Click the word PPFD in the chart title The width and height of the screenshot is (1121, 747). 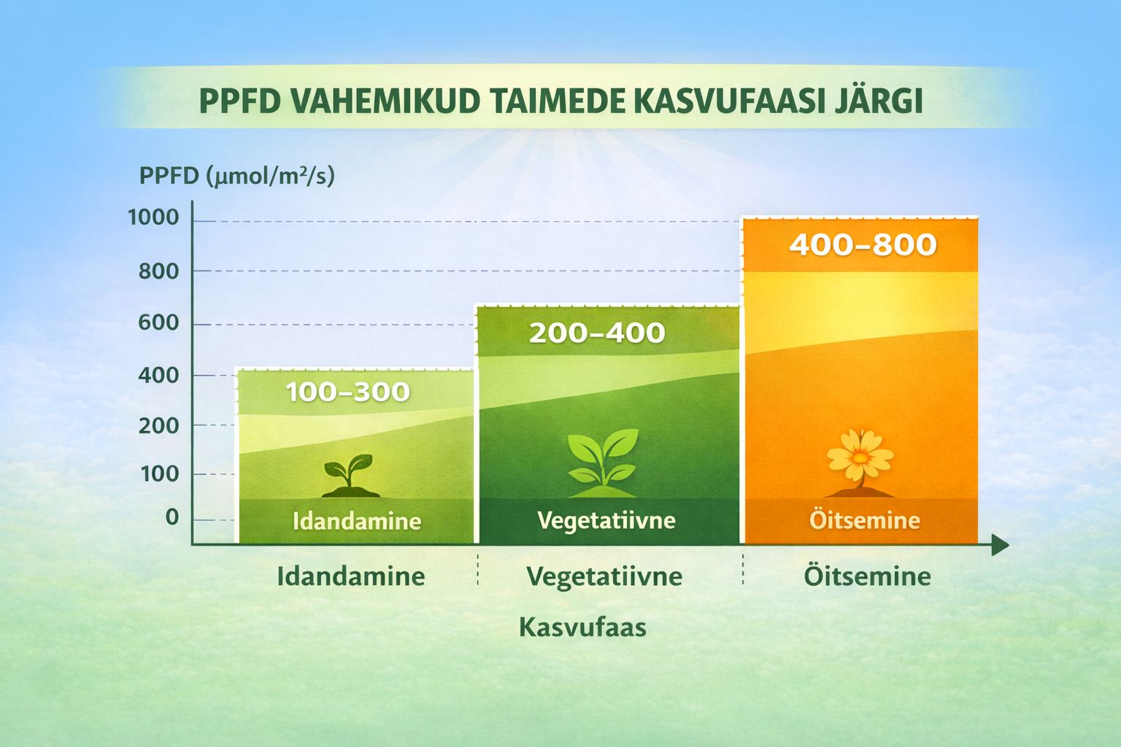(x=239, y=101)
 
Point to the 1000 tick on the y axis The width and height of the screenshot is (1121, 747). (x=153, y=217)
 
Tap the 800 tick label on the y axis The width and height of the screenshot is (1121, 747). (x=158, y=271)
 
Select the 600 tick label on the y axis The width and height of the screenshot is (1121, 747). (x=158, y=322)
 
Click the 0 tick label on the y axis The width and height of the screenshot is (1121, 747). (x=172, y=517)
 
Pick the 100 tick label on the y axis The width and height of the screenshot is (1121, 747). (x=159, y=474)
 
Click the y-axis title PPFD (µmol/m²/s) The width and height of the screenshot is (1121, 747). (x=236, y=176)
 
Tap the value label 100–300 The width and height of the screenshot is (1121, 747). (x=347, y=392)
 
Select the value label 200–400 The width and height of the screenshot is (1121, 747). (x=597, y=333)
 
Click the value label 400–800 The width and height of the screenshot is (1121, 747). (x=863, y=244)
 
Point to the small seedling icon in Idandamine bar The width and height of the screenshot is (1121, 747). (x=349, y=475)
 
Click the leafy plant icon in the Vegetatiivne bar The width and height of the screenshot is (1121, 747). (x=603, y=457)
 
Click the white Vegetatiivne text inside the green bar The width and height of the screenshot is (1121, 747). (x=606, y=520)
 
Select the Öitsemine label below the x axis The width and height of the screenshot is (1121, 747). (x=867, y=576)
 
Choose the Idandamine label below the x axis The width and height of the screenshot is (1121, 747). (x=350, y=576)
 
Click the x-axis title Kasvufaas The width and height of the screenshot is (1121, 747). (x=582, y=627)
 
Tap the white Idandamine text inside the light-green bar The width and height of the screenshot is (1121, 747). (x=356, y=521)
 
